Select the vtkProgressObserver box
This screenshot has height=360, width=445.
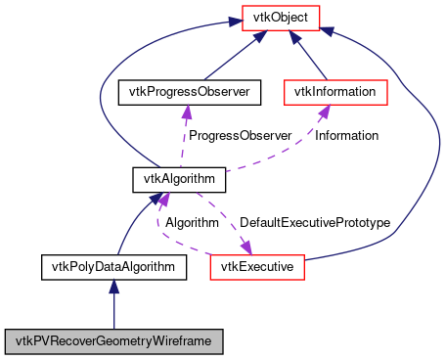(185, 93)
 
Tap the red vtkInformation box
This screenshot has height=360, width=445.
(336, 93)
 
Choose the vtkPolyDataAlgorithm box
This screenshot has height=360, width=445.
(113, 266)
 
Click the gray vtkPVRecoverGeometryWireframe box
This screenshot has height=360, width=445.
(114, 341)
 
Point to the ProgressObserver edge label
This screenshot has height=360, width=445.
(240, 135)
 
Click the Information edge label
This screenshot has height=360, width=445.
(346, 135)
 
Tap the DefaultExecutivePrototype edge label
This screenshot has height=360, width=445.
(315, 222)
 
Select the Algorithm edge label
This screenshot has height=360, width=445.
(191, 222)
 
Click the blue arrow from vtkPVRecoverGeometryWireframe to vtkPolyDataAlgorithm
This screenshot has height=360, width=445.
(114, 303)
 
